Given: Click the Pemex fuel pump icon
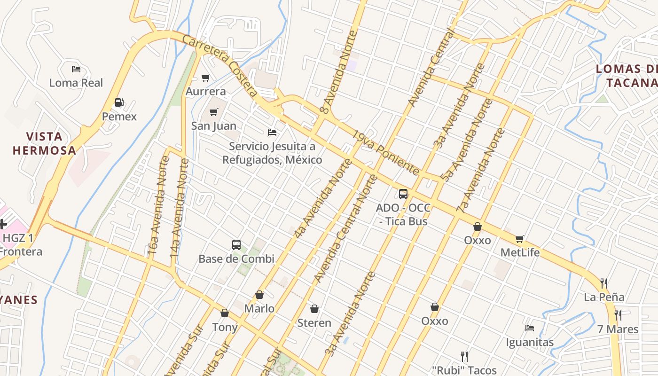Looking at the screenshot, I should click(x=119, y=102).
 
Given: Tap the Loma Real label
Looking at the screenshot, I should click(x=76, y=83).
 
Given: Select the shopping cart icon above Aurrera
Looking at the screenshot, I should click(x=205, y=78).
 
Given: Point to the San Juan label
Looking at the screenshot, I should click(x=214, y=126).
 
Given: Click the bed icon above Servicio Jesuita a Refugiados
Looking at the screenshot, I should click(x=272, y=133).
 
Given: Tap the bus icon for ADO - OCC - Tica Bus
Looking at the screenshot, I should click(x=403, y=194).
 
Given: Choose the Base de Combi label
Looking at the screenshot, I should click(x=236, y=259).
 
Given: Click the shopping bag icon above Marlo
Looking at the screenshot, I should click(x=259, y=295).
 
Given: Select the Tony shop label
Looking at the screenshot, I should click(x=225, y=327).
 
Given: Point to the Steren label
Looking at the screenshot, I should click(x=314, y=323).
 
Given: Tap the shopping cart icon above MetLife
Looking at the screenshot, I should click(x=519, y=239).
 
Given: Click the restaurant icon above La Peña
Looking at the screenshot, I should click(x=604, y=283).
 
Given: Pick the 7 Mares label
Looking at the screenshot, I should click(x=618, y=329).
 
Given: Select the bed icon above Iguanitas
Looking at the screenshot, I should click(x=530, y=328).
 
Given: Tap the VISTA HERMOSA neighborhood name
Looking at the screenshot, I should click(x=44, y=143).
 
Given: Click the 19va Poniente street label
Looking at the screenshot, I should click(x=385, y=153).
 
